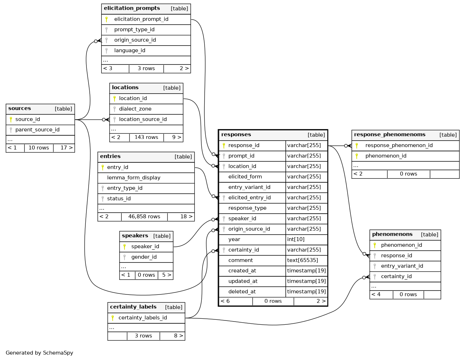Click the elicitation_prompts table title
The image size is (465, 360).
click(x=132, y=8)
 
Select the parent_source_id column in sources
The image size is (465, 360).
click(x=37, y=130)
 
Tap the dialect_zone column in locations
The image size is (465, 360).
click(x=135, y=109)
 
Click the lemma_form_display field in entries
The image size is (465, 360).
click(x=134, y=178)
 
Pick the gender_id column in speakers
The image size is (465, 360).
click(x=144, y=257)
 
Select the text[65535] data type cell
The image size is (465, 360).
click(x=302, y=260)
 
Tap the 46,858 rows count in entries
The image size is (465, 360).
click(x=144, y=216)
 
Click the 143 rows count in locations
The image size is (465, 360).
click(x=146, y=137)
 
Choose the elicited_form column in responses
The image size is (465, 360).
click(x=245, y=177)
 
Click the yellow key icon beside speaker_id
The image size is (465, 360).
click(x=125, y=246)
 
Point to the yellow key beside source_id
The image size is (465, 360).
click(x=11, y=119)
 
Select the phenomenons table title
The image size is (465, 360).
click(x=392, y=234)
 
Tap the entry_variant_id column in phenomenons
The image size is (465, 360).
click(x=402, y=266)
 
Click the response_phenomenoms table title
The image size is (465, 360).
click(x=390, y=135)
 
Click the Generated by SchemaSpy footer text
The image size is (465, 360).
click(x=39, y=353)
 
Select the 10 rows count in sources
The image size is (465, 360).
click(x=39, y=148)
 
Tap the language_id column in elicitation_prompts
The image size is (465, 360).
click(x=130, y=51)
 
